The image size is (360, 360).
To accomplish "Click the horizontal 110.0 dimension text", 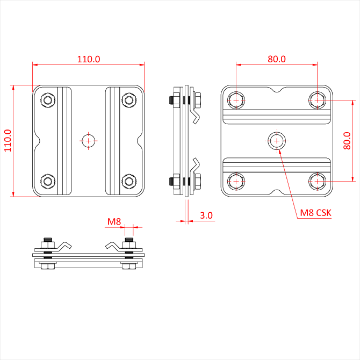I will point(89,59).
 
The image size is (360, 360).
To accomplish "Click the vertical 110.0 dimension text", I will point(7,141).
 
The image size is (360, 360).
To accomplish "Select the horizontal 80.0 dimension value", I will point(277,59).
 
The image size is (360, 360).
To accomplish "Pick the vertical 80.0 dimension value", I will point(348,141).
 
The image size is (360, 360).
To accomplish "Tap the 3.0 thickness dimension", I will point(206,215).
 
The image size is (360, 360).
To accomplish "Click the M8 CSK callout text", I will point(316,213).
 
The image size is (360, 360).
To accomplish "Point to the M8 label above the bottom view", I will point(114,221).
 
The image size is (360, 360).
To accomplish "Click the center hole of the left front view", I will point(89,140).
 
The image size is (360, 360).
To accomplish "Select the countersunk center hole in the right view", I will point(277,141).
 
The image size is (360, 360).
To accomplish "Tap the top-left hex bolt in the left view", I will point(48,99).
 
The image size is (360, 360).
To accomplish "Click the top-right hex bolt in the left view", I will point(129,99).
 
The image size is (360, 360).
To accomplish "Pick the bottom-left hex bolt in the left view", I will point(48,181).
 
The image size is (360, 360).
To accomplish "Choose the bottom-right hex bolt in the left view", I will point(129,181).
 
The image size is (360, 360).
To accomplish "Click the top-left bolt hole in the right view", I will point(236,99).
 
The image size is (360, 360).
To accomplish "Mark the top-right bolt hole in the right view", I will point(318,99).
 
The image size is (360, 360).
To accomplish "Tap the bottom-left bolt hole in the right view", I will point(236,182).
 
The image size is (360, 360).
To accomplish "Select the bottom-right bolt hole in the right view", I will point(318,182).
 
